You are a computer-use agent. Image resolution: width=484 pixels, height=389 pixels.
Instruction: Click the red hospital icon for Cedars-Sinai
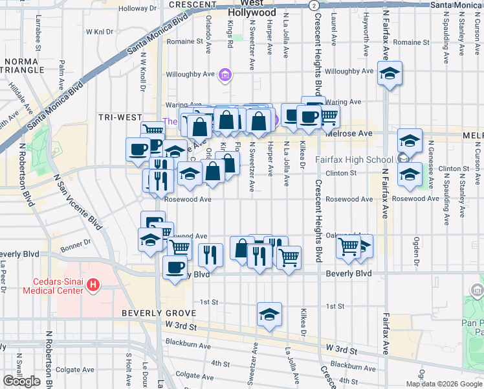(x=93, y=284)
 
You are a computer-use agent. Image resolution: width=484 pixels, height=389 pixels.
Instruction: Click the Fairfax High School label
(x=353, y=159)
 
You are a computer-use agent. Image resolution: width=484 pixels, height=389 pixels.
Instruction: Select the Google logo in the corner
(x=21, y=381)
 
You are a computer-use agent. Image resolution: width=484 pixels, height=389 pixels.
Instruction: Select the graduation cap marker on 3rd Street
(x=269, y=315)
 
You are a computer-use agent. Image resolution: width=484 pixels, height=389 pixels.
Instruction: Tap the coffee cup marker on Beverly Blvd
(x=174, y=267)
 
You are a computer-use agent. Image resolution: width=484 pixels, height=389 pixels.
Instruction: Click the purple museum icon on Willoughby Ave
(x=225, y=75)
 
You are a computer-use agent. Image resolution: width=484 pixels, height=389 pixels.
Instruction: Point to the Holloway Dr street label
(x=133, y=8)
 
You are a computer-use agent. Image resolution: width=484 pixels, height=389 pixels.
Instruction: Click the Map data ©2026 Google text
(x=444, y=384)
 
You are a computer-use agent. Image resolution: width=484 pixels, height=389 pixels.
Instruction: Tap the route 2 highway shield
(x=313, y=5)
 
